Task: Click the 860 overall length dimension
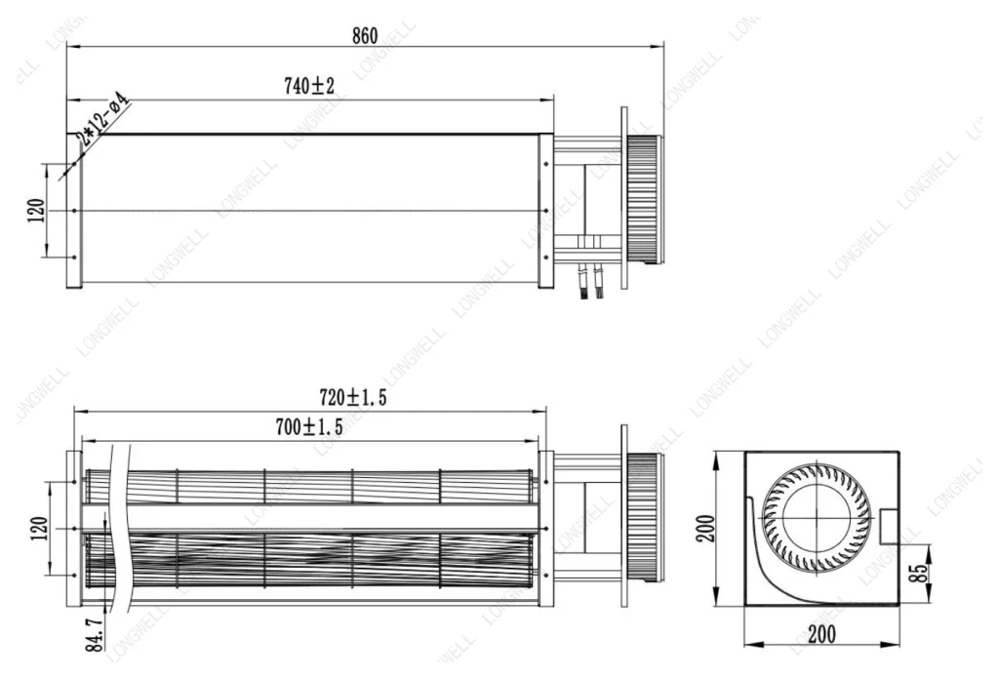tap(365, 36)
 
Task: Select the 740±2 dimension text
tap(309, 85)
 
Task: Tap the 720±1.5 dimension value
tap(353, 397)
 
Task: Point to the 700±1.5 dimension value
tap(309, 426)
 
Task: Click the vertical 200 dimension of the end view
tap(706, 528)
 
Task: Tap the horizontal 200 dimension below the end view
tap(821, 634)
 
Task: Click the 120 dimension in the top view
tap(37, 210)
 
